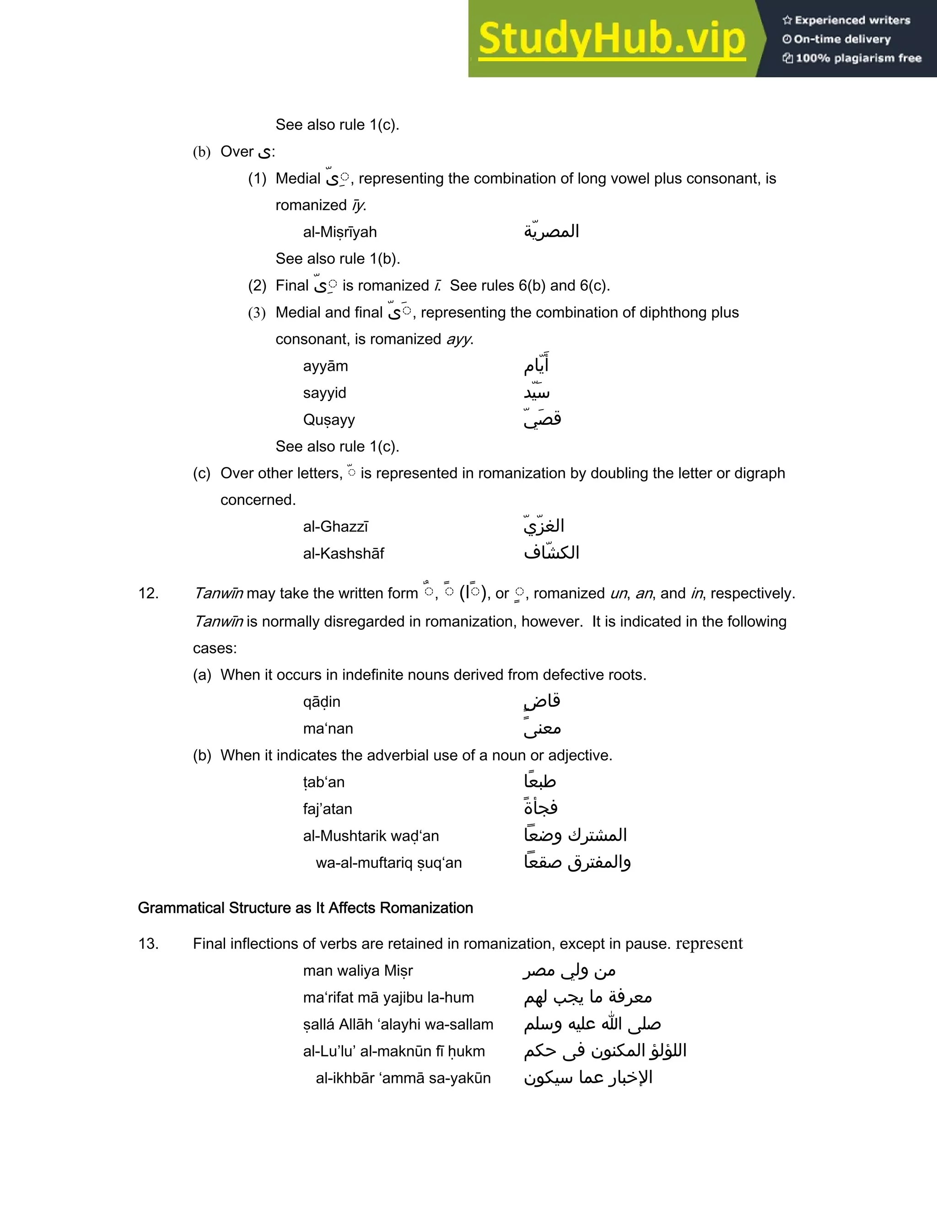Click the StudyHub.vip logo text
611,39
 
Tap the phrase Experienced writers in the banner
852,21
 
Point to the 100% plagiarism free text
858,58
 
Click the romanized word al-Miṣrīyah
340,232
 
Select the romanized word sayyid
324,393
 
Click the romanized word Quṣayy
328,420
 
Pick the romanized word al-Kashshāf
343,554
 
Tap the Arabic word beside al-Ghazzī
544,525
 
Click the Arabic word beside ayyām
536,365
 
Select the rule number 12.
148,594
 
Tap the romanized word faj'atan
328,809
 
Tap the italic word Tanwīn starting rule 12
218,594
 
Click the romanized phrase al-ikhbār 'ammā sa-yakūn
403,1078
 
